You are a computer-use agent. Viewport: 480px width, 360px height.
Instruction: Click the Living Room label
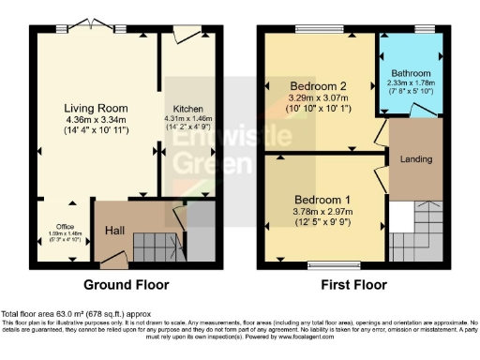click(96, 108)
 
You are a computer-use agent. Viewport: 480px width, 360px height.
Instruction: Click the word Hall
click(113, 230)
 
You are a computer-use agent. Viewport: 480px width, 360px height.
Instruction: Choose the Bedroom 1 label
click(323, 200)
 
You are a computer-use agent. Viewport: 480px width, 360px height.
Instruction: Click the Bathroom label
click(412, 74)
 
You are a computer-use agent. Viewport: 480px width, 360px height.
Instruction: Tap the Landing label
click(415, 159)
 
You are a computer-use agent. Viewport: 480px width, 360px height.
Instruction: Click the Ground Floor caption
click(126, 284)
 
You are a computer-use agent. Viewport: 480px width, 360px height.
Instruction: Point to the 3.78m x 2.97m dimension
click(323, 213)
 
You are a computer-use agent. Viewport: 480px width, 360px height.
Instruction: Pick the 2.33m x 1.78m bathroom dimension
click(412, 85)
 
